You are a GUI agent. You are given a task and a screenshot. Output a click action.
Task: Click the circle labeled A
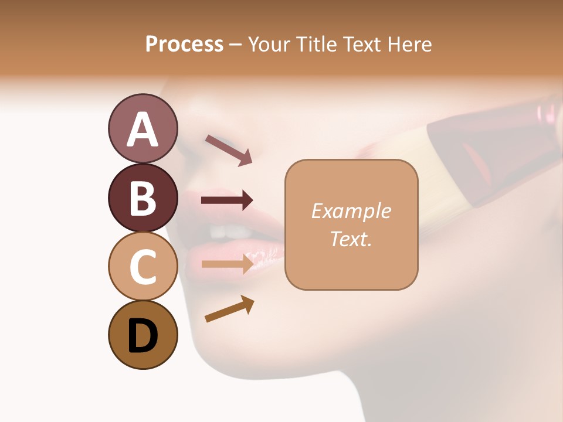143,128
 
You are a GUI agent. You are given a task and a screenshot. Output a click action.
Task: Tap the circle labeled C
143,266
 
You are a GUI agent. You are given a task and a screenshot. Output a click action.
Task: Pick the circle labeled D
143,335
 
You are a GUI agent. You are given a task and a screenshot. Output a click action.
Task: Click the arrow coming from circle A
229,150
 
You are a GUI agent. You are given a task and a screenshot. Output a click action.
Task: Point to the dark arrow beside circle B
227,200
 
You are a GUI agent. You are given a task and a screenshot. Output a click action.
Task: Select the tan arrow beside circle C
227,264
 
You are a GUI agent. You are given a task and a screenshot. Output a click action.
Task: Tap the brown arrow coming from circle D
229,309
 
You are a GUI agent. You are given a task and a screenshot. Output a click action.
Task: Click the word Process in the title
184,44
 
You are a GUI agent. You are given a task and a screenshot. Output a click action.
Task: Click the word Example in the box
351,211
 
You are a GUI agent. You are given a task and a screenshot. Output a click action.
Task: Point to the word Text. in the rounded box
351,239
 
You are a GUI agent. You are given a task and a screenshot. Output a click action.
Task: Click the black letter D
143,338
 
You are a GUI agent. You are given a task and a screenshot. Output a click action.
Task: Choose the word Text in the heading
363,44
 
